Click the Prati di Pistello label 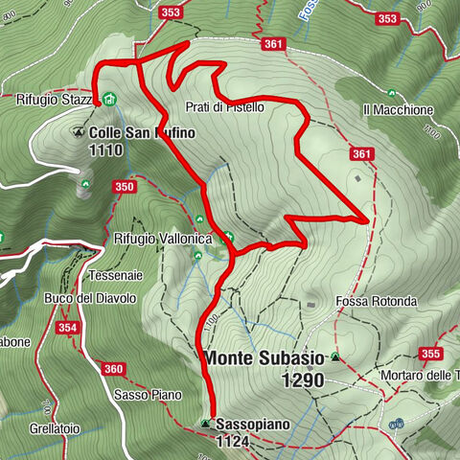pyautogui.click(x=223, y=107)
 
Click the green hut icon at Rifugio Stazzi pyautogui.click(x=110, y=99)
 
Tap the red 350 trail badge pyautogui.click(x=124, y=187)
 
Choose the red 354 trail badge pyautogui.click(x=66, y=328)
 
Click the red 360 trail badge pyautogui.click(x=113, y=369)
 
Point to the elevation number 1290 pyautogui.click(x=303, y=380)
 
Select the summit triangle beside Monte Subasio pyautogui.click(x=335, y=357)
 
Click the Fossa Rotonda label pyautogui.click(x=376, y=301)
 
